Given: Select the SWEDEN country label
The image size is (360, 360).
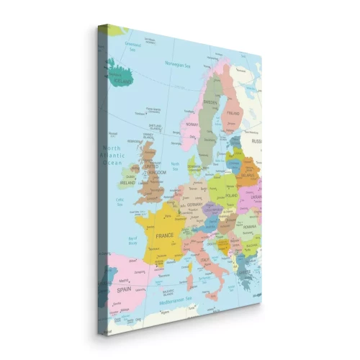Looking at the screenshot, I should [x=210, y=102].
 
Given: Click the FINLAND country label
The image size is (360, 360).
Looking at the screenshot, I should [x=233, y=113].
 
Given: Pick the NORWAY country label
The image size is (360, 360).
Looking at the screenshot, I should [x=192, y=124].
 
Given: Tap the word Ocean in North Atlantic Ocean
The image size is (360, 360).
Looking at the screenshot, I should [x=113, y=163].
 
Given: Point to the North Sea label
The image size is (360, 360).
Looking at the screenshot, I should [x=176, y=166].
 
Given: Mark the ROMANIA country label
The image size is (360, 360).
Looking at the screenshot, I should [x=250, y=226].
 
